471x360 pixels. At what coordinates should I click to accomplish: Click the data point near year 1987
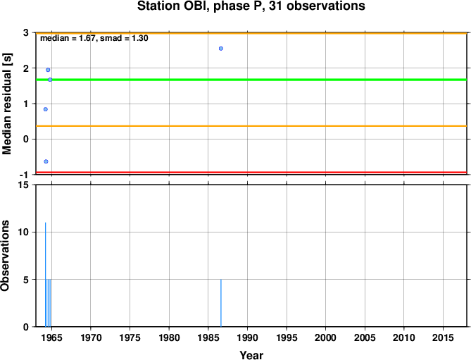tap(221, 49)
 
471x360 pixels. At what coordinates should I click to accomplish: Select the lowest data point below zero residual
tap(46, 161)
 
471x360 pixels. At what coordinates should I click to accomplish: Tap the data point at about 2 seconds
tap(48, 70)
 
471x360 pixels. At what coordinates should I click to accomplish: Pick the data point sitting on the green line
tap(50, 80)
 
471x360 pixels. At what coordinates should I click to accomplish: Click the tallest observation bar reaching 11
tap(45, 275)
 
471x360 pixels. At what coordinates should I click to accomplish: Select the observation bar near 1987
tap(221, 303)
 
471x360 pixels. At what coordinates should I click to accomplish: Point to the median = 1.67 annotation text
tap(68, 38)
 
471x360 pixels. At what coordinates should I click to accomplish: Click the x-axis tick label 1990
tap(247, 337)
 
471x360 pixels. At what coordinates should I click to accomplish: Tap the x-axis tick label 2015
tap(443, 337)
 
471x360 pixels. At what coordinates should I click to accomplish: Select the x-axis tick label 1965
tap(51, 337)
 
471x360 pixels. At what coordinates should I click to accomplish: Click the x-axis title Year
tap(251, 355)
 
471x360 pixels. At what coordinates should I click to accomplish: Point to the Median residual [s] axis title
tap(6, 104)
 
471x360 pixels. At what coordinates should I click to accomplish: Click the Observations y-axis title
tap(5, 256)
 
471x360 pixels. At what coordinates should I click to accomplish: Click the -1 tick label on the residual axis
tap(25, 175)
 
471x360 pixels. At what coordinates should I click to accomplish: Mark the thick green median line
tap(251, 80)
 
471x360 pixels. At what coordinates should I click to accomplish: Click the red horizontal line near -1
tap(251, 172)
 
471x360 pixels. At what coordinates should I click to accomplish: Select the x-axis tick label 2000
tap(325, 337)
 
